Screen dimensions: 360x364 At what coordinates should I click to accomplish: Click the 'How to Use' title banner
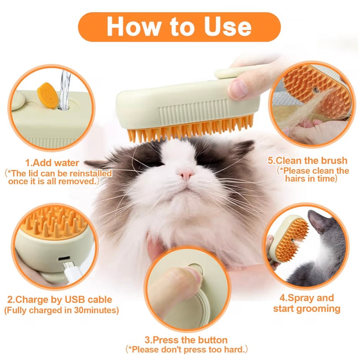click(179, 27)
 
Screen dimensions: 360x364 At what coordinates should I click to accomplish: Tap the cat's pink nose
click(186, 173)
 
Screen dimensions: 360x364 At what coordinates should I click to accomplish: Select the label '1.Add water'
click(52, 163)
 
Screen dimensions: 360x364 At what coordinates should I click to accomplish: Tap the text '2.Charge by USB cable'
click(60, 300)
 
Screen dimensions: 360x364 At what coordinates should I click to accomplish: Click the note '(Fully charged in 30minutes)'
click(61, 310)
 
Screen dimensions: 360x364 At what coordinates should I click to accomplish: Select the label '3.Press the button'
click(186, 340)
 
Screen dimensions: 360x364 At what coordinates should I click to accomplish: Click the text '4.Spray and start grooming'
click(306, 303)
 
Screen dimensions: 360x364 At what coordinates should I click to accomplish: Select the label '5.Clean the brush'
click(307, 161)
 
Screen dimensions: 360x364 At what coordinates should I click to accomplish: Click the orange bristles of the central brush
click(189, 130)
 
